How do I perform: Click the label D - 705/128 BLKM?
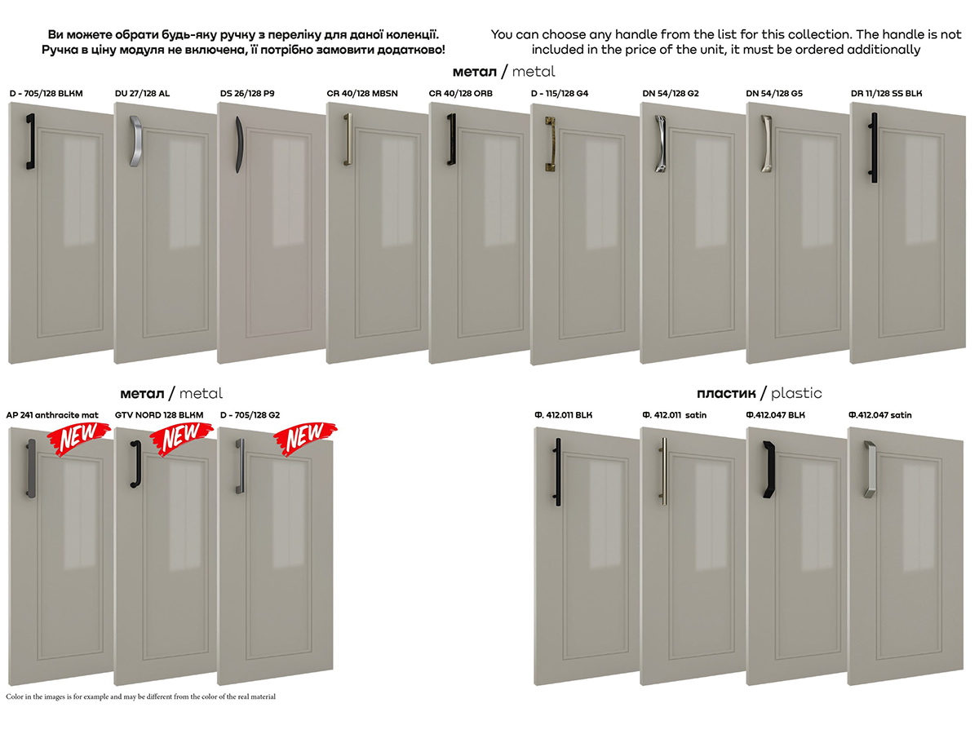click(x=46, y=94)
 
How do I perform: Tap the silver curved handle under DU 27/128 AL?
click(x=135, y=141)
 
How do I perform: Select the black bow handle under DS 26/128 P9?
click(x=239, y=145)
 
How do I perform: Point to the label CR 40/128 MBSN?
click(x=362, y=94)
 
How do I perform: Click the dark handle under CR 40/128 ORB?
click(x=452, y=139)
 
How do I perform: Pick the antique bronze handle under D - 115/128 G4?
click(x=551, y=144)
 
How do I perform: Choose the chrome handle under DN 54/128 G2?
click(x=661, y=144)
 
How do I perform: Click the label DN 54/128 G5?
click(x=774, y=94)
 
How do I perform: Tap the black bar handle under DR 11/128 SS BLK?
click(x=874, y=148)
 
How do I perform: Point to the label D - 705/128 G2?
click(x=250, y=415)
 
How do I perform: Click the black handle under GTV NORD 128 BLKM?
click(x=136, y=464)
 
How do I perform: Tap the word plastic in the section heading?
click(x=796, y=394)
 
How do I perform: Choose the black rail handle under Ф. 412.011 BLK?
click(x=557, y=471)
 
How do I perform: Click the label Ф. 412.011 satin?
click(x=675, y=415)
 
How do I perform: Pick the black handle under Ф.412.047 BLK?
click(x=769, y=469)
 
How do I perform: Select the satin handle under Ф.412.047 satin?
click(x=870, y=469)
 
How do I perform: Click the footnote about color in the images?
click(x=140, y=696)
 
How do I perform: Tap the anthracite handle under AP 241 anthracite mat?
click(x=31, y=468)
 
